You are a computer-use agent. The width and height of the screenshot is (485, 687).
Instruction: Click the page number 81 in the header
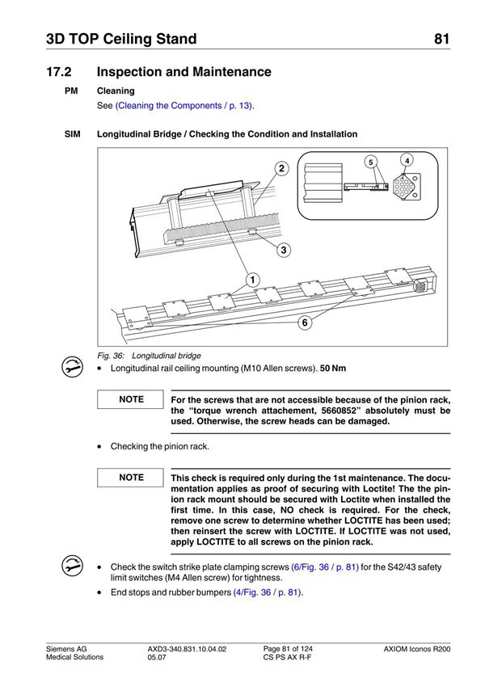pos(441,39)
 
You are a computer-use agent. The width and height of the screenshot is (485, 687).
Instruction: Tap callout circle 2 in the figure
pos(280,169)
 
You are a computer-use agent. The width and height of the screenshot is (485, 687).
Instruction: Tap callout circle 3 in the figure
pos(284,250)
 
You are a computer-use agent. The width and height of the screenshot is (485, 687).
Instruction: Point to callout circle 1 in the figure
pos(253,280)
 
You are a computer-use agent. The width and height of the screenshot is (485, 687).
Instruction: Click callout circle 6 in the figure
pos(304,322)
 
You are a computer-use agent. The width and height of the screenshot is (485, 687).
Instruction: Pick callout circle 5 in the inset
pos(370,162)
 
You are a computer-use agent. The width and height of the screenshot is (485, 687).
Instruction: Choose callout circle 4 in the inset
pos(407,160)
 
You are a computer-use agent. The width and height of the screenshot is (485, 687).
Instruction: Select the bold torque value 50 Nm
pos(333,369)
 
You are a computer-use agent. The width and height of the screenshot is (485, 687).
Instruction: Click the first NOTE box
pos(131,399)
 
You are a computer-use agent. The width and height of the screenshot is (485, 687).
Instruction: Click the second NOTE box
pos(131,478)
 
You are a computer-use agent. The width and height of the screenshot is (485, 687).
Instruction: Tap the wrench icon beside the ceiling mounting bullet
pos(72,366)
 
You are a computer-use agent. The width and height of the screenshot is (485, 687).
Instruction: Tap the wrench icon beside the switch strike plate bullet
pos(72,565)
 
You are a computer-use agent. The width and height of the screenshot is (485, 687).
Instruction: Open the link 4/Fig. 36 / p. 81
pos(267,592)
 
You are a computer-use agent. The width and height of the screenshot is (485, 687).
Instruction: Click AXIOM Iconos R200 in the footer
pos(417,650)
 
